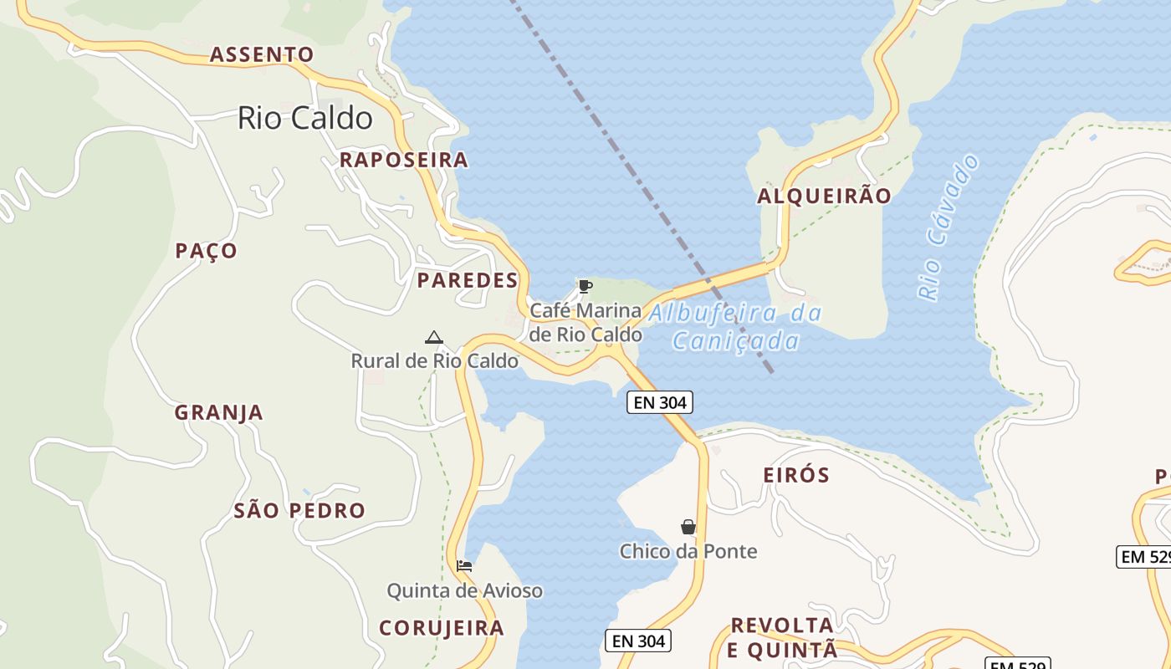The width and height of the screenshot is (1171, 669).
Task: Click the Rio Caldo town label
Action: [x=305, y=118]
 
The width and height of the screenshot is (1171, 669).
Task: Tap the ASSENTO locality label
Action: [x=262, y=55]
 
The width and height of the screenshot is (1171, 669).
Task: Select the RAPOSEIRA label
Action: [x=403, y=160]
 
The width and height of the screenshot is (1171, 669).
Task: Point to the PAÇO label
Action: [x=206, y=251]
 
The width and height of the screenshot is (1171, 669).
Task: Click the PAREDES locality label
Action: [x=468, y=280]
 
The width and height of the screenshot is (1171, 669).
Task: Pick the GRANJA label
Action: [x=218, y=412]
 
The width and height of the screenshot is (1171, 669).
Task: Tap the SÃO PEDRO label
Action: [x=299, y=510]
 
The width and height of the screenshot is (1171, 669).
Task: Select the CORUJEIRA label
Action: [x=442, y=627]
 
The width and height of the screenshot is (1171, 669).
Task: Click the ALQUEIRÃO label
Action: [x=824, y=197]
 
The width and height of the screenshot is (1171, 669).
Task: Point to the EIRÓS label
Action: [x=796, y=475]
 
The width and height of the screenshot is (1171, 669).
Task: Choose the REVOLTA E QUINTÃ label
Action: [x=782, y=637]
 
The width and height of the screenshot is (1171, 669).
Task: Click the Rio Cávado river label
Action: [x=949, y=227]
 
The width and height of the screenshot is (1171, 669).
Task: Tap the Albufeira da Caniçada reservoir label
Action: [x=735, y=327]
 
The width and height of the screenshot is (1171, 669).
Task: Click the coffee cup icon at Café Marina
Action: [x=585, y=287]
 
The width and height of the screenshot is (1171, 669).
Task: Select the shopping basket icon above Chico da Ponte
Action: [x=688, y=527]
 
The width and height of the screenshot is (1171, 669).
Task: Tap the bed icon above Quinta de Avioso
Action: [x=464, y=566]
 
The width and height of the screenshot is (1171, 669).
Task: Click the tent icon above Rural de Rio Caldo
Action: [x=433, y=337]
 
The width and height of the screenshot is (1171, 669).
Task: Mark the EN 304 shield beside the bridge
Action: [x=660, y=402]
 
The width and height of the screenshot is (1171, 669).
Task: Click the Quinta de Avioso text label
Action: [x=464, y=591]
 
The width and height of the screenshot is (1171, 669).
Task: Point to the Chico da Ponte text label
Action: [x=688, y=551]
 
